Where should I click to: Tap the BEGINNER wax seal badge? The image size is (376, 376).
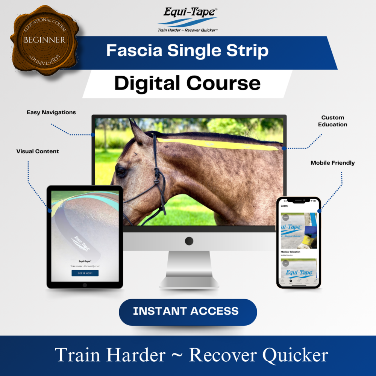(x=44, y=40)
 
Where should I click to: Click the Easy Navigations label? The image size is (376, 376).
(x=51, y=112)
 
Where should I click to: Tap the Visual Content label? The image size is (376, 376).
(x=38, y=151)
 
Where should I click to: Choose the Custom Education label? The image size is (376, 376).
(x=332, y=121)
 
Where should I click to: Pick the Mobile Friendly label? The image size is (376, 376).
(x=332, y=163)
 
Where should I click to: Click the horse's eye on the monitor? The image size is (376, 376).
(x=121, y=171)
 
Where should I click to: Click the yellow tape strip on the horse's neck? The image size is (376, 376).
(x=218, y=144)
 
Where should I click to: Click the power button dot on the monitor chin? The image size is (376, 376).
(x=189, y=241)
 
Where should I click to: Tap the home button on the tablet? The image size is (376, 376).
(x=85, y=285)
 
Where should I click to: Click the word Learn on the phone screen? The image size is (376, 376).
(x=285, y=206)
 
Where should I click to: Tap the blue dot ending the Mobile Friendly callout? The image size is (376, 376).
(x=319, y=211)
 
